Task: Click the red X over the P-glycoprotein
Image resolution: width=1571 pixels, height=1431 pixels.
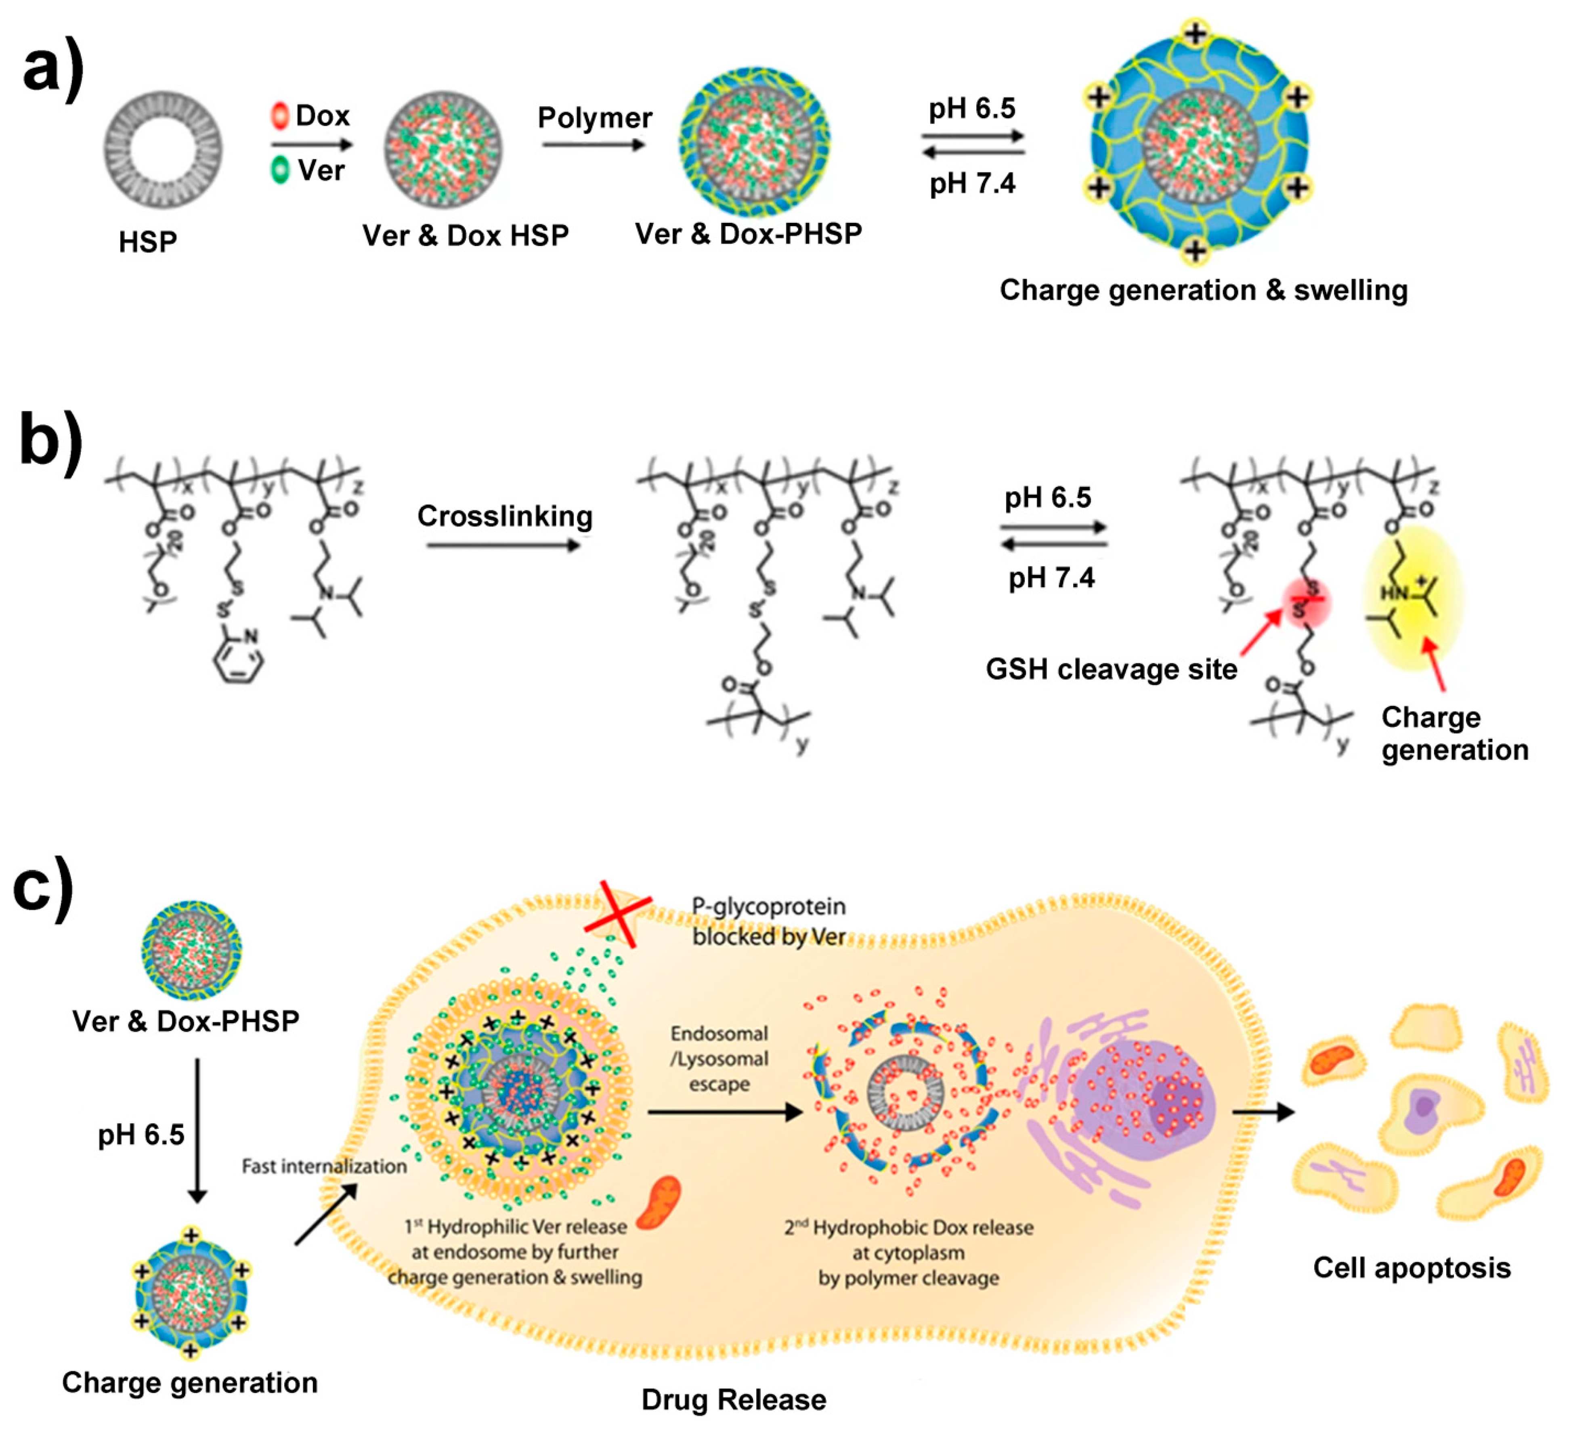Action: tap(618, 913)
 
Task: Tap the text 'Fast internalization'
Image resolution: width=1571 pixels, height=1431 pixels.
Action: tap(324, 1166)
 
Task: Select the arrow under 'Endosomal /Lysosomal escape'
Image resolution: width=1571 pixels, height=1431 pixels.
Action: tap(725, 1112)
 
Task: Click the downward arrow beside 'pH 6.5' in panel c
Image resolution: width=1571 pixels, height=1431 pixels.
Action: tap(197, 1130)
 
